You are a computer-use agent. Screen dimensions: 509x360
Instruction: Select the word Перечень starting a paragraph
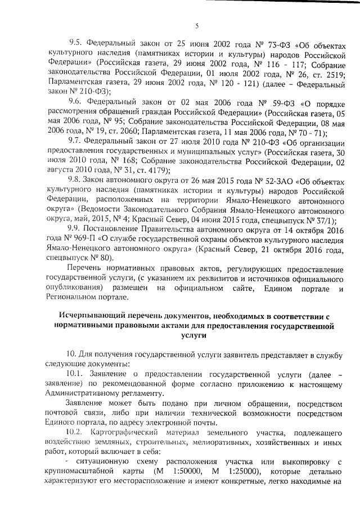tap(84, 268)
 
